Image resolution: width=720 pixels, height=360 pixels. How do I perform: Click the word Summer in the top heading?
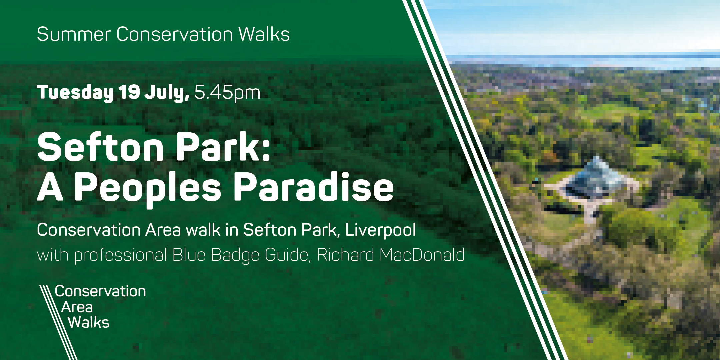(x=74, y=34)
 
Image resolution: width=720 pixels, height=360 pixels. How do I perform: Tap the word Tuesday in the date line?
(x=75, y=93)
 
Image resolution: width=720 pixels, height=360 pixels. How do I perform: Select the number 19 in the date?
(x=129, y=92)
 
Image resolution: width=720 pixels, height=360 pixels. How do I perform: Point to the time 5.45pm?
(x=227, y=93)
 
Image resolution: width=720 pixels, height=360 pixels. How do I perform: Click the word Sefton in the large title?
(x=100, y=147)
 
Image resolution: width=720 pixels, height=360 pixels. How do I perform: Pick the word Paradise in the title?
(x=314, y=187)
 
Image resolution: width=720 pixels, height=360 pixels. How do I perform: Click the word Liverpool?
(x=380, y=230)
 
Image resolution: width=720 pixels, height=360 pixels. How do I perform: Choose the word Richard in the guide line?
(x=345, y=255)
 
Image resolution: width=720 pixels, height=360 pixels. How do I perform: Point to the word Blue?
(x=189, y=255)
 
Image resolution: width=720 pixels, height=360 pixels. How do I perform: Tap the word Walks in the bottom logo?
(x=89, y=322)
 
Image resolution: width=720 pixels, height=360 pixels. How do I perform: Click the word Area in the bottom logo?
(x=77, y=307)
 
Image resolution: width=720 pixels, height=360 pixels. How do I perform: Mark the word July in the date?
(x=167, y=93)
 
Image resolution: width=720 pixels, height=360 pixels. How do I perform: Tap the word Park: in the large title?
(x=223, y=147)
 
